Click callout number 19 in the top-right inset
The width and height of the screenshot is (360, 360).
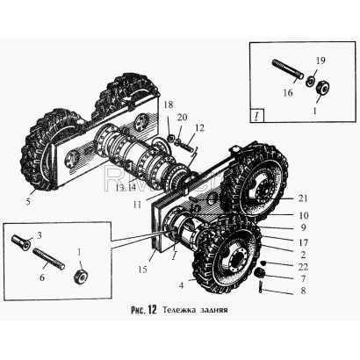point(320,61)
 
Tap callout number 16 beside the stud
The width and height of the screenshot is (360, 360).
point(288,93)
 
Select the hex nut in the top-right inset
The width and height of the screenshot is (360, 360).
point(322,87)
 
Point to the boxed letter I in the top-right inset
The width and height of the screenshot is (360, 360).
point(256,116)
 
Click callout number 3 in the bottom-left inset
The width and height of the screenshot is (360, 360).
point(39,235)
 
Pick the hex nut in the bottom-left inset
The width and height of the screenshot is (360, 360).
point(82,277)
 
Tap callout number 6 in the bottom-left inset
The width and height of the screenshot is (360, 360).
point(42,277)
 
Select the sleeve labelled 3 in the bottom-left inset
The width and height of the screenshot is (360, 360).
point(21,242)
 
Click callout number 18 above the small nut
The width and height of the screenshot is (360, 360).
point(169,104)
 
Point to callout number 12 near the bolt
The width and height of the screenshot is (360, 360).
point(199,128)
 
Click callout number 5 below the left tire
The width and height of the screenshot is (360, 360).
point(28,202)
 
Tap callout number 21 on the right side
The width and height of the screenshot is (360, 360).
point(303,198)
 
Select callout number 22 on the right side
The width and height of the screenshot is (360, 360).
point(304,267)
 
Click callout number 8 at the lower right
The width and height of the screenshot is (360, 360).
point(303,291)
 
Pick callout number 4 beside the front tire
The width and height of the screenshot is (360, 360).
point(182,285)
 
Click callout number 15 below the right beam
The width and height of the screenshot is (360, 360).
point(142,270)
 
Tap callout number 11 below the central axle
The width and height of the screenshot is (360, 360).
point(137,205)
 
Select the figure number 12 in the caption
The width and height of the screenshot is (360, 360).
point(152,310)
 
